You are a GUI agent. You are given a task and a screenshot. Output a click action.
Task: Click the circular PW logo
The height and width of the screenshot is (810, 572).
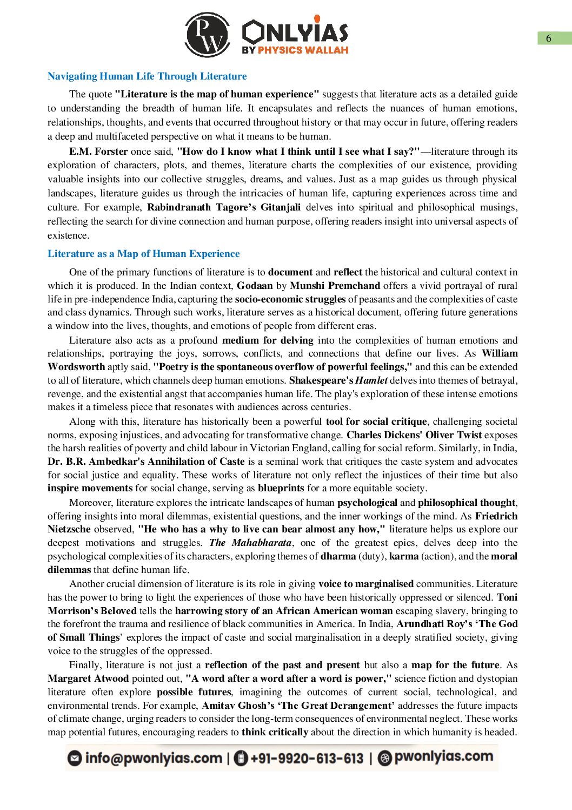point(207,35)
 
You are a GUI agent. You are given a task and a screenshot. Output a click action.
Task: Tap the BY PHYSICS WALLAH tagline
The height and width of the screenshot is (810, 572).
point(295,50)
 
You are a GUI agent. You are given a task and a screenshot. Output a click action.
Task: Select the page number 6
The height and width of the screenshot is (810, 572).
point(549,38)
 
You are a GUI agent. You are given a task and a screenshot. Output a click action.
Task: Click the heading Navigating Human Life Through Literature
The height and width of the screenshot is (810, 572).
point(147,76)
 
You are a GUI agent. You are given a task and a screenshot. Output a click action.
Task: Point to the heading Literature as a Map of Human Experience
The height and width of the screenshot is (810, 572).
point(143,254)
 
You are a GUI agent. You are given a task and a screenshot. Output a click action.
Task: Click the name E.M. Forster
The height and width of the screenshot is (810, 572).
point(98,152)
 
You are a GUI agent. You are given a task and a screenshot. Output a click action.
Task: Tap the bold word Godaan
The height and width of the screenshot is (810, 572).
point(255,286)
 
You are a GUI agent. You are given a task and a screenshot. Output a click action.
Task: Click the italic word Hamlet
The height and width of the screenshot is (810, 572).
point(371,380)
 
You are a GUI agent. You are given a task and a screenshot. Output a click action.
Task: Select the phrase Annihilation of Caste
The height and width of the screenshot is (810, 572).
point(196,462)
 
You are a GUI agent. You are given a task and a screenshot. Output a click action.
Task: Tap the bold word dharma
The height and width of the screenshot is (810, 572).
point(338,556)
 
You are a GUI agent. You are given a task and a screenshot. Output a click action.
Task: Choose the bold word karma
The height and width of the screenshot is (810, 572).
point(404,556)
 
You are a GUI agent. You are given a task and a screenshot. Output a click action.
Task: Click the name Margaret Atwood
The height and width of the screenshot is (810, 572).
point(88,679)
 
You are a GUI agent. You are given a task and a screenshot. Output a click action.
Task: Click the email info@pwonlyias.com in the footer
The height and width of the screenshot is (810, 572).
point(154,758)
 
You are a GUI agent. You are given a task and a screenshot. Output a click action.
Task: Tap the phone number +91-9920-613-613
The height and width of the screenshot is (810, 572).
point(307,758)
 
